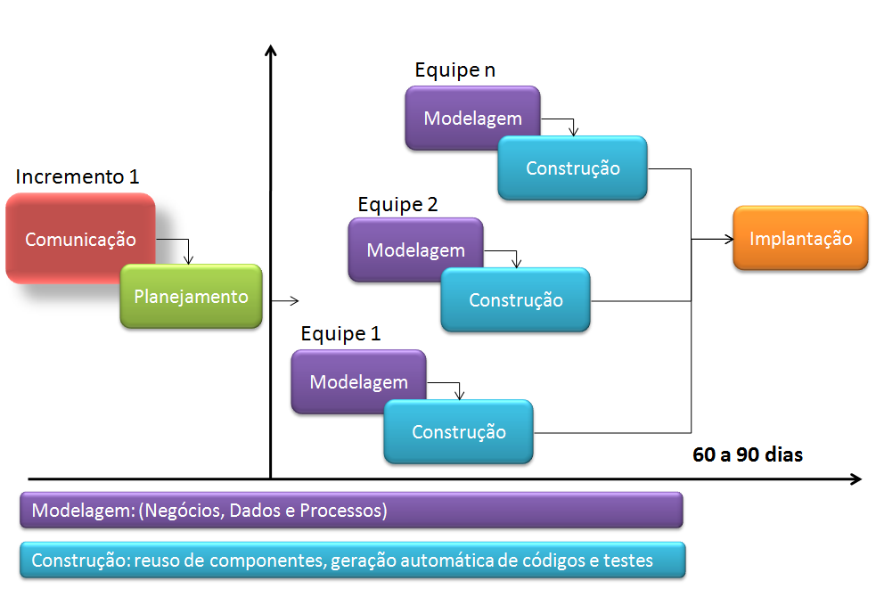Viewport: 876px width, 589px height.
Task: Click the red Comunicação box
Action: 80,239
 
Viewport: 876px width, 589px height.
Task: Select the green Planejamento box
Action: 191,297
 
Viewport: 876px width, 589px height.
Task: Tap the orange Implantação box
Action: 800,239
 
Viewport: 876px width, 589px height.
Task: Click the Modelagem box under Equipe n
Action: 472,118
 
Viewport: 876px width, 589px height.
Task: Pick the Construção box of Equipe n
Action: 572,168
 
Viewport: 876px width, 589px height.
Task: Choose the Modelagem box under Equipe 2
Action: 415,250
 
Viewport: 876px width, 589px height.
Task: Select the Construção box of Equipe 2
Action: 515,299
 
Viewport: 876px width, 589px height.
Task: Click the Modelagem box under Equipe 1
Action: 358,381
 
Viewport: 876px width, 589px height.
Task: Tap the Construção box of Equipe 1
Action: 458,431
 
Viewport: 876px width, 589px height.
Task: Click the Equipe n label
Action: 455,70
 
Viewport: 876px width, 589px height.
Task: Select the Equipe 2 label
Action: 397,204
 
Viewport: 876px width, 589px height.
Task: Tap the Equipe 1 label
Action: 340,335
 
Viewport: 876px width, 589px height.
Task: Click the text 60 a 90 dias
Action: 748,454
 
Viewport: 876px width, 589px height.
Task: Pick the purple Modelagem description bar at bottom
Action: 351,511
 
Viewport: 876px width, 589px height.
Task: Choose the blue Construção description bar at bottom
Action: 351,560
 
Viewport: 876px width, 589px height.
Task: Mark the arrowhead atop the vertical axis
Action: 270,47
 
